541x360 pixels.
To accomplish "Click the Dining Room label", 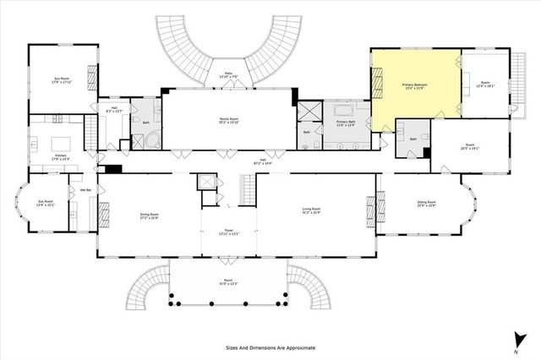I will coord(149,216).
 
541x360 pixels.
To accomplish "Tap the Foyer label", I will coord(228,232).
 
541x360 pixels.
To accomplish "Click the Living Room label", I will coord(312,210).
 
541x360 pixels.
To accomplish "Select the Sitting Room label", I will coord(426,204).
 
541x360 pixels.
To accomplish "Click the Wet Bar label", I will coord(85,190).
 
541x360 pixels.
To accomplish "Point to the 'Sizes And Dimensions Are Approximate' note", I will coord(270,347).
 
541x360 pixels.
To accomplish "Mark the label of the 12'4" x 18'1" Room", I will coord(484,84).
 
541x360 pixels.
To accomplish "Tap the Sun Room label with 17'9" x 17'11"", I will coord(61,80).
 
